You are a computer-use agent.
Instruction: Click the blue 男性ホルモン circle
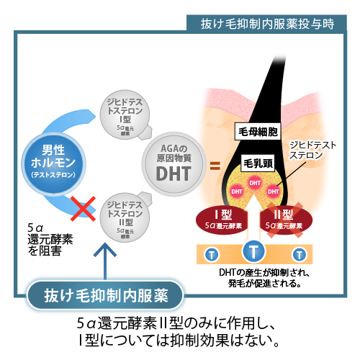(53, 163)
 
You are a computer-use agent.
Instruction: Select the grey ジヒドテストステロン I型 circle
(125, 114)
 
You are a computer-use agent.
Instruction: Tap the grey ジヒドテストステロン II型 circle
(125, 217)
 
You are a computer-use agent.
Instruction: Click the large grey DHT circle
(174, 164)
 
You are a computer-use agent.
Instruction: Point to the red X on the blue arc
(83, 208)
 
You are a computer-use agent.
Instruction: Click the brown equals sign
(215, 166)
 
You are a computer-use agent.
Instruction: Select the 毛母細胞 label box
(258, 132)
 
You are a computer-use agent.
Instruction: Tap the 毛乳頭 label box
(258, 163)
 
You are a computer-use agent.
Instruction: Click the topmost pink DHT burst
(255, 183)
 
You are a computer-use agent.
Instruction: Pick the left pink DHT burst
(237, 192)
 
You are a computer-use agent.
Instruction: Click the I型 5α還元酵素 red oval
(222, 220)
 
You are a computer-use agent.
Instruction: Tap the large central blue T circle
(253, 251)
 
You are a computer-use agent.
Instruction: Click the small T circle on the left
(212, 255)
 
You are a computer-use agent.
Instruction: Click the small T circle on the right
(300, 255)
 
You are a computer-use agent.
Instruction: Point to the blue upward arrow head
(105, 250)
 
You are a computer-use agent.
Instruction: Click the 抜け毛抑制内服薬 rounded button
(105, 295)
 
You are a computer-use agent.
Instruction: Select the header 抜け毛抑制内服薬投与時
(267, 24)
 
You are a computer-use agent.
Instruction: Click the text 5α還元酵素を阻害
(50, 240)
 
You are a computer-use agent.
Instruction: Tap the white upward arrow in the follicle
(253, 218)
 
